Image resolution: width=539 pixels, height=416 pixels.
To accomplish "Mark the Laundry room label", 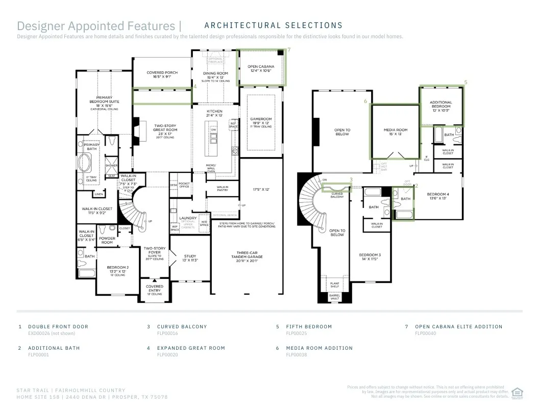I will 188,218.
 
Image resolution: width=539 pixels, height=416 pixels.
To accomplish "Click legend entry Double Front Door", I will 58,327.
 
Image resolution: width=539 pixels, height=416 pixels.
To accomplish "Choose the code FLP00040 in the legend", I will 425,333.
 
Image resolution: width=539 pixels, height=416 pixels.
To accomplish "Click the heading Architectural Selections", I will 273,25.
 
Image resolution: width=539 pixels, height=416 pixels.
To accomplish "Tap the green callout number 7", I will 289,50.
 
